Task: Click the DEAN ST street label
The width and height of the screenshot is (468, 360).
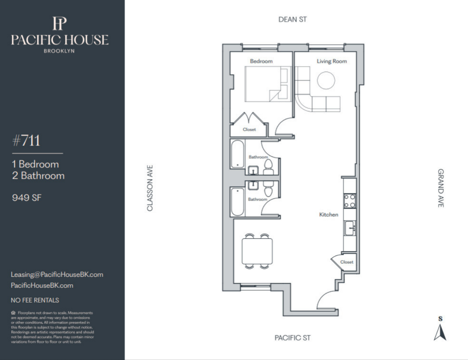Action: [x=293, y=20]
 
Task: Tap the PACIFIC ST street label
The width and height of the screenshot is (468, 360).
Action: [x=293, y=338]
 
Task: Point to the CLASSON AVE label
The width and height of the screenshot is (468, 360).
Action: [x=150, y=188]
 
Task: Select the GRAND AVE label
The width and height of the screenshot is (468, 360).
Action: [x=441, y=188]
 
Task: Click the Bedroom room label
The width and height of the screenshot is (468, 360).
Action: [x=261, y=61]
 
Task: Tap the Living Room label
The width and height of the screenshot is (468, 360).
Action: [x=332, y=61]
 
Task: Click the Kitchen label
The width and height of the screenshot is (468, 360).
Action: [x=329, y=214]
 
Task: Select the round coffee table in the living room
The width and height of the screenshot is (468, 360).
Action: [x=326, y=80]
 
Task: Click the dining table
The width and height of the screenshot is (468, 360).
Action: [x=257, y=251]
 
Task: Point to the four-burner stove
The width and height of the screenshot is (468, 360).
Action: [x=350, y=201]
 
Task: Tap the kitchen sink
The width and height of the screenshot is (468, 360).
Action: [x=350, y=228]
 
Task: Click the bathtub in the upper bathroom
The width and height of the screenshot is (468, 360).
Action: [x=237, y=154]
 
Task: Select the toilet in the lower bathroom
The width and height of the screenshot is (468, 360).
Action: [x=268, y=189]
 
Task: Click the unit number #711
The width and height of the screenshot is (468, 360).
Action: [x=26, y=141]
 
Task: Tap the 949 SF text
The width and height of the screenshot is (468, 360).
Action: [x=27, y=198]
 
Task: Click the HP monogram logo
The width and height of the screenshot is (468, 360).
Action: [x=60, y=24]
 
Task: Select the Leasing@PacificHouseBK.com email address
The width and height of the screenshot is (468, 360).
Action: [x=57, y=274]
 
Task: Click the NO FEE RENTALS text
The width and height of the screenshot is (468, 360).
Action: [x=35, y=300]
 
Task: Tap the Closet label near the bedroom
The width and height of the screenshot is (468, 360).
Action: [x=249, y=130]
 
